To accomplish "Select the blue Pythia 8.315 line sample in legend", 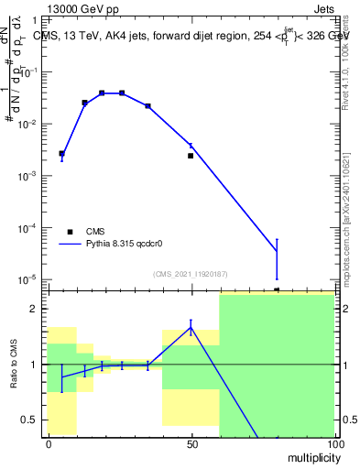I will click(71, 245).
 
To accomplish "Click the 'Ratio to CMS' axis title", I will click(16, 365).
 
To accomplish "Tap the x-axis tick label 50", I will click(191, 443).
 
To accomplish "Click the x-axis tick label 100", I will click(333, 443).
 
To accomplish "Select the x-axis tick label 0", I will click(49, 443).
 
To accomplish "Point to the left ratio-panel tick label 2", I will click(36, 309).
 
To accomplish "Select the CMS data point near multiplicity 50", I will click(191, 156).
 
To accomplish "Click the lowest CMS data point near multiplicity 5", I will click(61, 154).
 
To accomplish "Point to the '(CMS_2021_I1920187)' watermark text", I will click(191, 274).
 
